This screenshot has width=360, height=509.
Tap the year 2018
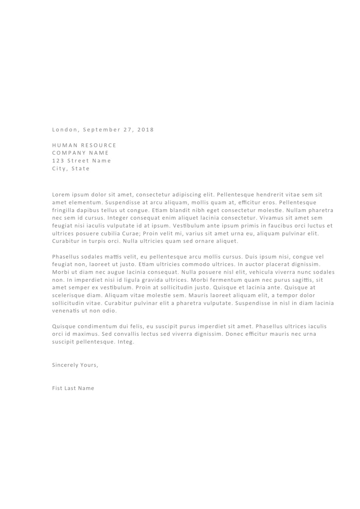coord(146,130)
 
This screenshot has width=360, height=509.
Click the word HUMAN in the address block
coord(65,145)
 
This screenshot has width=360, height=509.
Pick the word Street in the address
coord(78,161)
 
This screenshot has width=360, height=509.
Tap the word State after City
coord(81,169)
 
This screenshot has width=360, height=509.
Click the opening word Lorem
coord(61,195)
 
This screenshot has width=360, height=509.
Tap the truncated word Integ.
coord(126,342)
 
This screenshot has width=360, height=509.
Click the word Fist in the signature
coord(57,388)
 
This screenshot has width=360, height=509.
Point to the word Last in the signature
coord(70,388)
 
